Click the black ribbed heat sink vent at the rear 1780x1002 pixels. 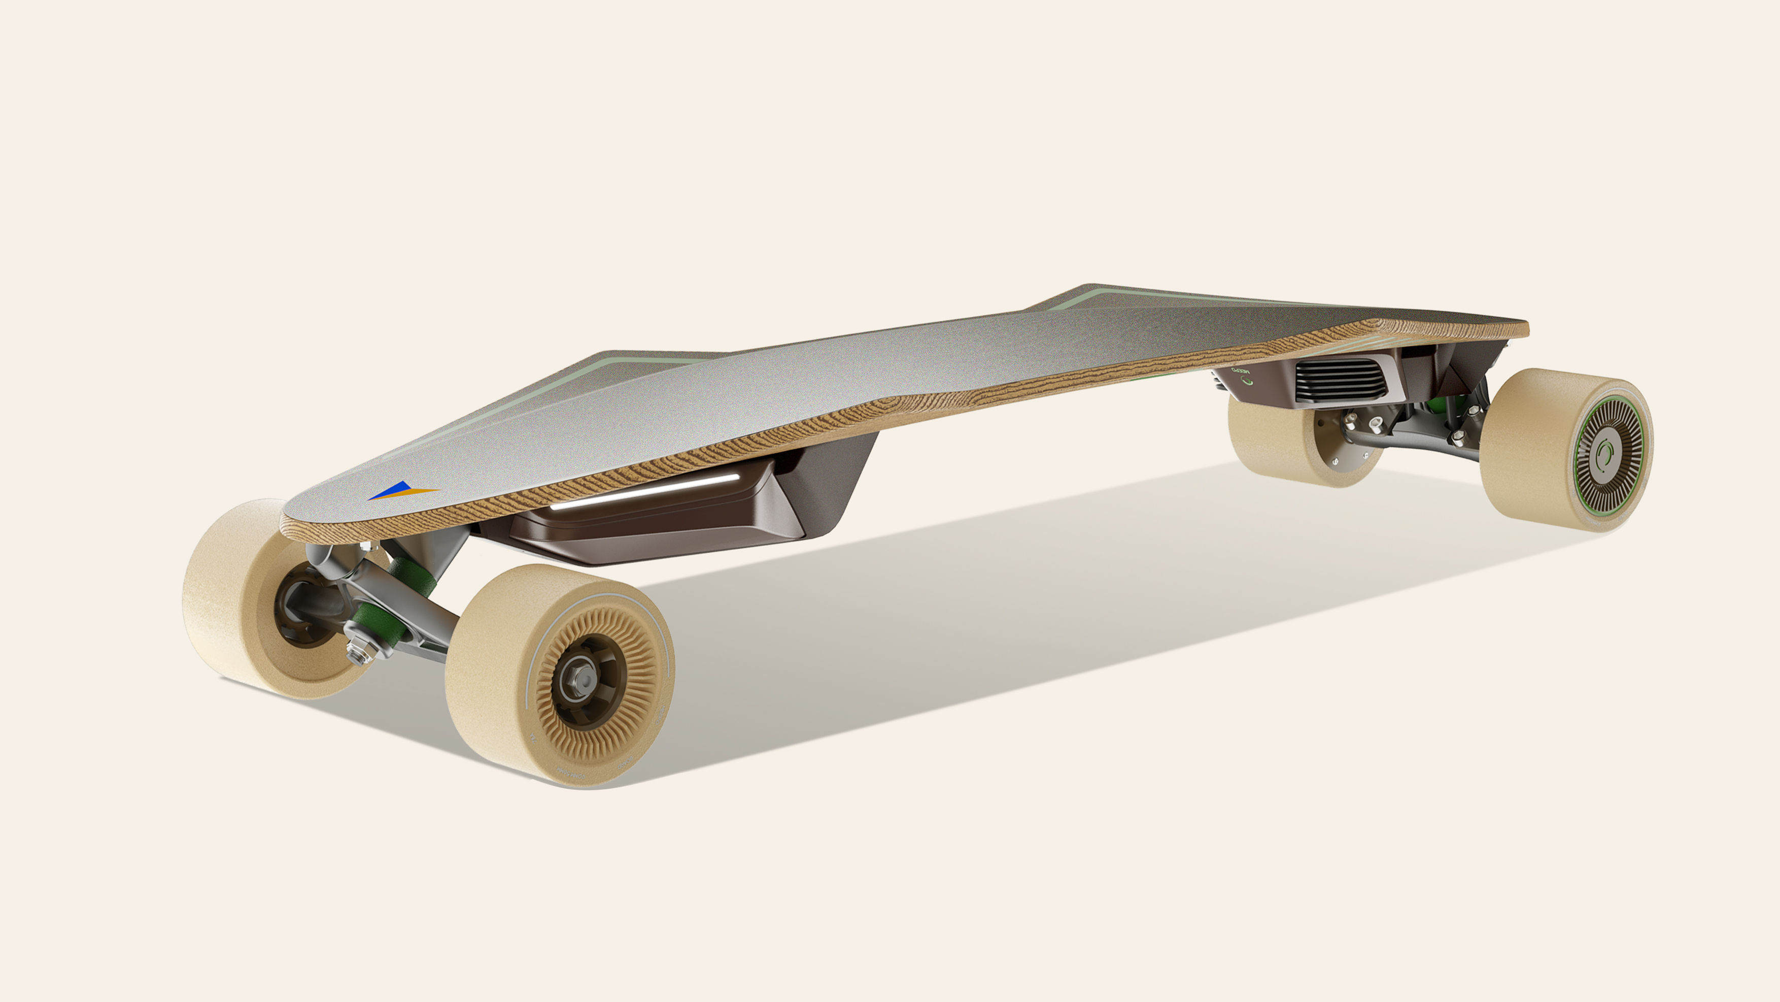click(x=1341, y=380)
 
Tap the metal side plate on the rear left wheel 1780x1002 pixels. click(x=1348, y=453)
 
